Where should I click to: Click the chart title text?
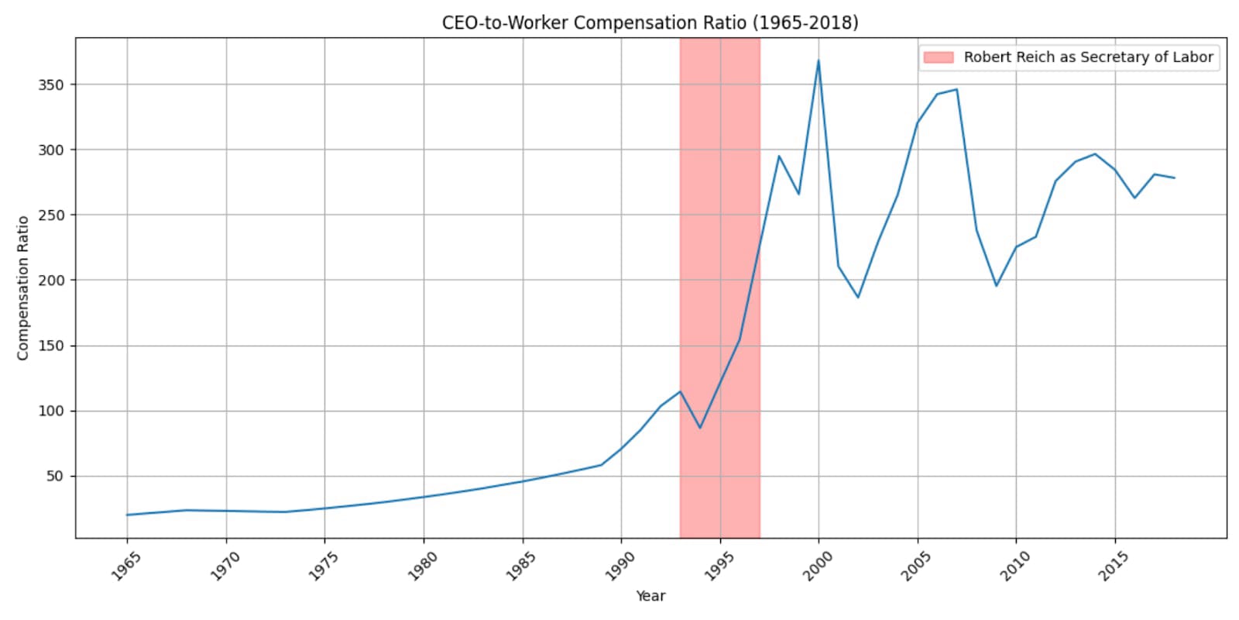tap(650, 22)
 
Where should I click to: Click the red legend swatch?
tap(938, 57)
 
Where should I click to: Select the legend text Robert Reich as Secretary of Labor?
tap(1088, 57)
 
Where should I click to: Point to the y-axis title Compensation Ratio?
tap(22, 288)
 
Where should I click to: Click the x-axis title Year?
tap(650, 596)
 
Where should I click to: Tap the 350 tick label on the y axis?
tap(50, 84)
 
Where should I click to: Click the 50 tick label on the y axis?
tap(54, 476)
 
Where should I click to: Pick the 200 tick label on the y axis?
tap(50, 280)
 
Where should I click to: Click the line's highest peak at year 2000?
tap(819, 60)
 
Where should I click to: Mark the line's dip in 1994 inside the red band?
tap(700, 428)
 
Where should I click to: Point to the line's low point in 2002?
tap(858, 298)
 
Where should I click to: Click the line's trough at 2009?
tap(997, 286)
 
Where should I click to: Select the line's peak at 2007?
tap(957, 89)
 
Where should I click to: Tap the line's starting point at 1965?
tap(127, 515)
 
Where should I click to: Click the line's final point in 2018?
tap(1175, 178)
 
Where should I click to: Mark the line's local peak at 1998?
tap(779, 156)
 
